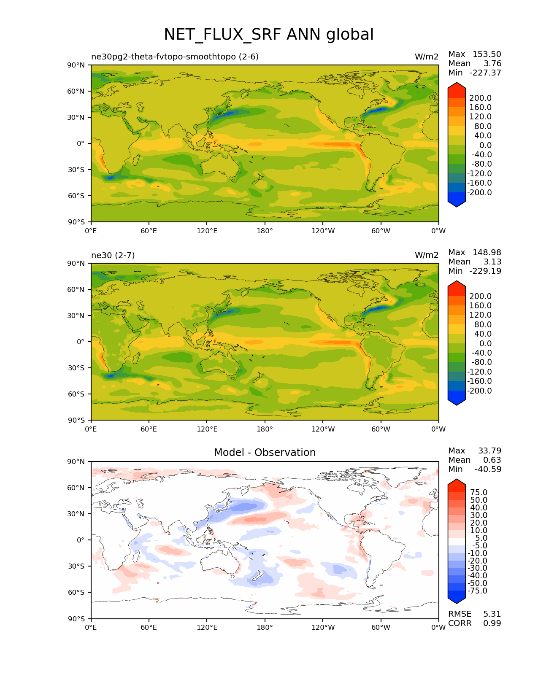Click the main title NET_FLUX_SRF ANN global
pyautogui.click(x=269, y=35)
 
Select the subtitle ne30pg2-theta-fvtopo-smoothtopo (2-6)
pyautogui.click(x=175, y=57)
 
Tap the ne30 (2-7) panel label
pyautogui.click(x=113, y=255)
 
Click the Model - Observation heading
pyautogui.click(x=265, y=453)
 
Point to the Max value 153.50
pyautogui.click(x=487, y=54)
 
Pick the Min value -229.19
pyautogui.click(x=485, y=271)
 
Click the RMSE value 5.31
pyautogui.click(x=492, y=614)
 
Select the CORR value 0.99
pyautogui.click(x=492, y=623)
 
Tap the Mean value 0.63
pyautogui.click(x=492, y=460)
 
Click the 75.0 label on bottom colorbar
pyautogui.click(x=479, y=493)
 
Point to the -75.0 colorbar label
pyautogui.click(x=478, y=591)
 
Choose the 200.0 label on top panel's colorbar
pyautogui.click(x=481, y=98)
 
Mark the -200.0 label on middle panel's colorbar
pyautogui.click(x=479, y=391)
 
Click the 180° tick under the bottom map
pyautogui.click(x=265, y=628)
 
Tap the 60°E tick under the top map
pyautogui.click(x=149, y=231)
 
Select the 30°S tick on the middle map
pyautogui.click(x=76, y=368)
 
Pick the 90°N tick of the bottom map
pyautogui.click(x=76, y=462)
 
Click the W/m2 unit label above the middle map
pyautogui.click(x=427, y=255)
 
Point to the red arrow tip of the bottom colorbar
pyautogui.click(x=457, y=483)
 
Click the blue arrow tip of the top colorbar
pyautogui.click(x=457, y=204)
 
